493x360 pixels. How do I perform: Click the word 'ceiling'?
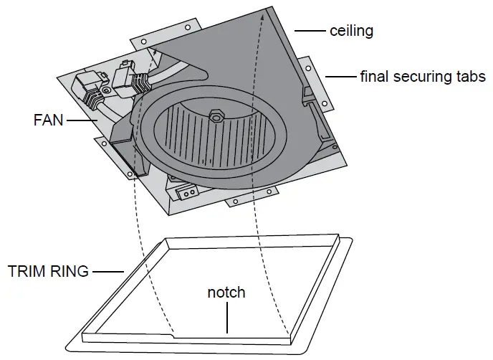[351, 31]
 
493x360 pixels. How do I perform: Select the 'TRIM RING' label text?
[48, 271]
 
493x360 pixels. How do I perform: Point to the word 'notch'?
[226, 293]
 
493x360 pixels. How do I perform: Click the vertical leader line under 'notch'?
[227, 317]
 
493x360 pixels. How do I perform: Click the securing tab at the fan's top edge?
[164, 31]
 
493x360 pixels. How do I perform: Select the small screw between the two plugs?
[107, 90]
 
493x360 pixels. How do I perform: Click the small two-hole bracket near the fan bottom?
[189, 192]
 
